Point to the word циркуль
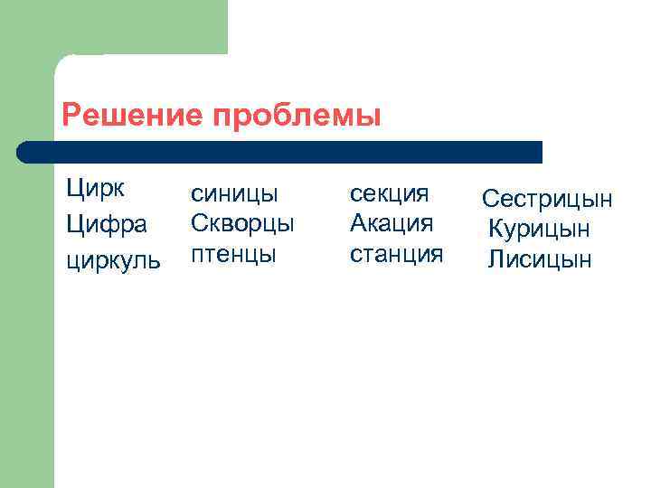[113, 260]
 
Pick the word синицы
[233, 194]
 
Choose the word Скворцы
[242, 223]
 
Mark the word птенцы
[232, 254]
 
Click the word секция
[389, 194]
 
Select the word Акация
[392, 223]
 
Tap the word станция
[396, 253]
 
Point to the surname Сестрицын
[547, 200]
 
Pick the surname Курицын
[540, 230]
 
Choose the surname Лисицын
[540, 261]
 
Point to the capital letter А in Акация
[359, 222]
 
